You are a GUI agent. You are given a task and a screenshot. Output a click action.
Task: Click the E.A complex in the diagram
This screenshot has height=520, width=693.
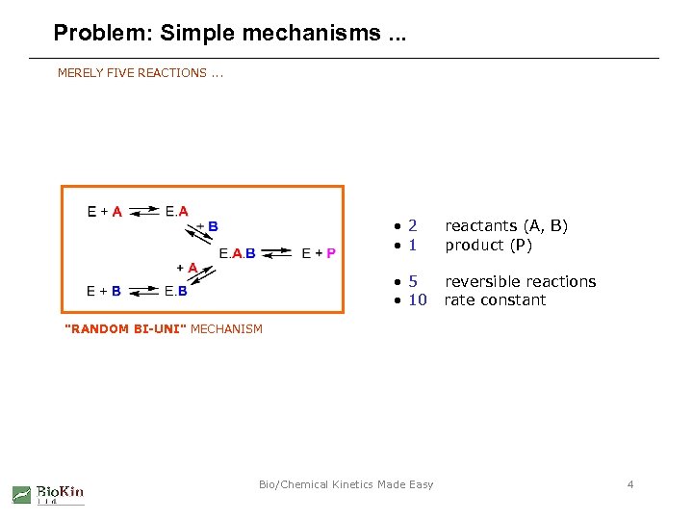click(177, 211)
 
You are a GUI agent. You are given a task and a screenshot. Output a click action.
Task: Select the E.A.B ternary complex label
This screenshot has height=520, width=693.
click(238, 253)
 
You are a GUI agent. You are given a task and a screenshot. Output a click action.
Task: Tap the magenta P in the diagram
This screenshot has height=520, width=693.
click(331, 253)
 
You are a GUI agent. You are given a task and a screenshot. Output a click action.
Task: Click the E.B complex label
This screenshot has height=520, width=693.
click(176, 291)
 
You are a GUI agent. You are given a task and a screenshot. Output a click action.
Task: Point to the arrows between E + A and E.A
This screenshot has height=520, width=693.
click(143, 211)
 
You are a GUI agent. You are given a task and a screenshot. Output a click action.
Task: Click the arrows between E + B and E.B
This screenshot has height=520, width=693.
click(143, 291)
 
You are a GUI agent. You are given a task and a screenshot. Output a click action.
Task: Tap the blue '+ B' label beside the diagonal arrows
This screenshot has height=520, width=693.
click(208, 226)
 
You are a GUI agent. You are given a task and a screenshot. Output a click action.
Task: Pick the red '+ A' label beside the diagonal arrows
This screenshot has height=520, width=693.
click(187, 267)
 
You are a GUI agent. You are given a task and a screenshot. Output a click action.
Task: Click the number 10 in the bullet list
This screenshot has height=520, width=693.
click(417, 300)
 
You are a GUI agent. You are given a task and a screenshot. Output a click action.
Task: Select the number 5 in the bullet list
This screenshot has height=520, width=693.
click(412, 281)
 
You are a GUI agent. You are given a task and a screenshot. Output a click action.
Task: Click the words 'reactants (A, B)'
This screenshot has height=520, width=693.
click(506, 225)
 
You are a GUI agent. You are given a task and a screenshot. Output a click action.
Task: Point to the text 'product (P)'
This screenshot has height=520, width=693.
click(488, 245)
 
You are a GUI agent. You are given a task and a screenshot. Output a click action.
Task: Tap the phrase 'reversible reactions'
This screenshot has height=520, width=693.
click(520, 281)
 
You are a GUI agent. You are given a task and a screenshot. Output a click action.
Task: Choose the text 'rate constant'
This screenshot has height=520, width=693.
click(495, 300)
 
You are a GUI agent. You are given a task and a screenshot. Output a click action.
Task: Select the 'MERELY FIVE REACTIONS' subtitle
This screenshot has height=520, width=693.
click(133, 72)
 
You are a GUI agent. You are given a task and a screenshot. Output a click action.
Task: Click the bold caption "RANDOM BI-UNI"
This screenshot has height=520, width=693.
click(125, 329)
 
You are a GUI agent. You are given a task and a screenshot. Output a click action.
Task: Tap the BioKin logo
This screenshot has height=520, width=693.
click(48, 494)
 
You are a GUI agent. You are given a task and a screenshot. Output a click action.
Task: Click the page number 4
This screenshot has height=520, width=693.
click(630, 484)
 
